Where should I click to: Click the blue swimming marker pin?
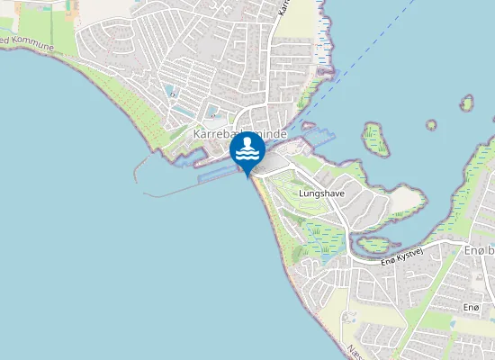coord(247,151)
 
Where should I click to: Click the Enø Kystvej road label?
coord(400,257)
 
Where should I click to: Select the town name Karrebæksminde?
coord(239,133)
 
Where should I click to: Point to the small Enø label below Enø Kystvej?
coord(471,308)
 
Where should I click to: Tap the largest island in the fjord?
coord(375,139)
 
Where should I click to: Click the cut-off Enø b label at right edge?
coord(478,248)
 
